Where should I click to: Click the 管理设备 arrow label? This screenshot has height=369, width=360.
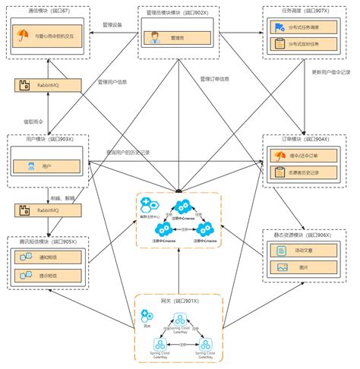click(x=112, y=24)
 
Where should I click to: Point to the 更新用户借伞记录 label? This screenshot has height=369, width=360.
click(x=332, y=72)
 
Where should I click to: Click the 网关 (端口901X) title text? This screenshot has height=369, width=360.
click(x=179, y=301)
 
